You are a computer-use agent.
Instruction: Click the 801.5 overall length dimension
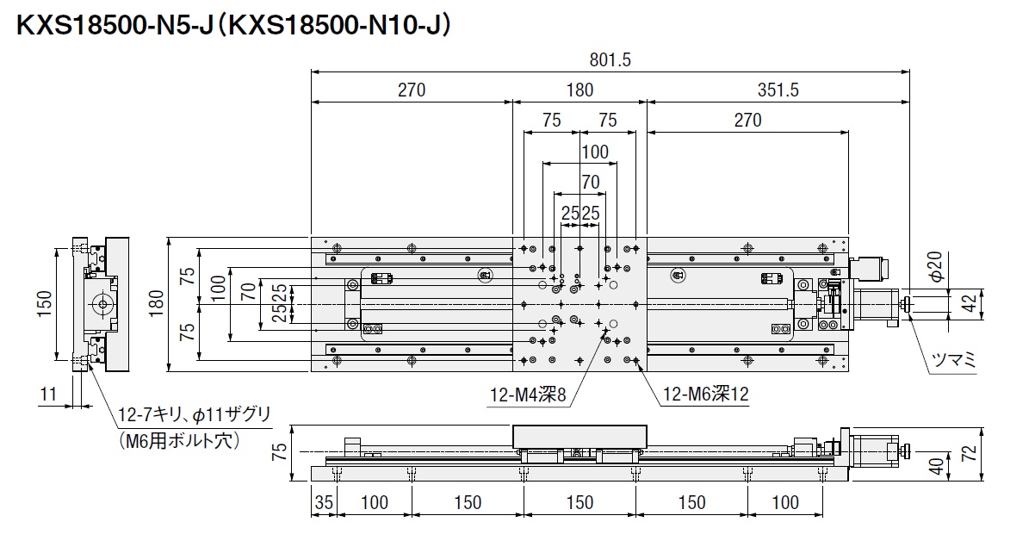[610, 60]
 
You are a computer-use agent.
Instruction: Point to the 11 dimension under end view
[47, 395]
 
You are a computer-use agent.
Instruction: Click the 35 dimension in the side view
[323, 502]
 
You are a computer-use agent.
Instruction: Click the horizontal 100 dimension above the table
[593, 152]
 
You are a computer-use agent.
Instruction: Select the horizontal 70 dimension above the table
[590, 182]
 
